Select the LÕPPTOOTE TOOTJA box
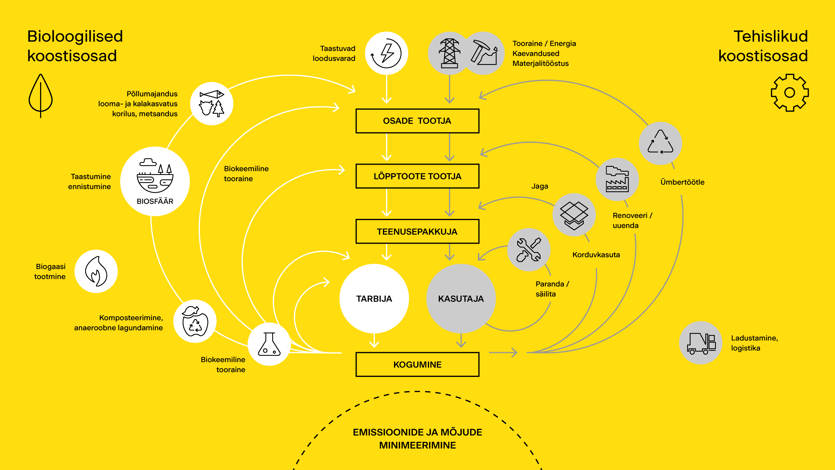click(417, 176)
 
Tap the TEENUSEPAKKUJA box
click(417, 232)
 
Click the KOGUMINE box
click(417, 364)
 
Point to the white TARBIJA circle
click(374, 298)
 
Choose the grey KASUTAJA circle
click(461, 298)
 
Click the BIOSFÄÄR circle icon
click(155, 181)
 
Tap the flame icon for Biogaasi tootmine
click(96, 271)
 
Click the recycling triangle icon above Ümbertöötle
click(660, 143)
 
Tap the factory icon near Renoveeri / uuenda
click(617, 179)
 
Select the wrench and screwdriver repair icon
click(529, 250)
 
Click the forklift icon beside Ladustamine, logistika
click(701, 343)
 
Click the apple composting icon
click(195, 321)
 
